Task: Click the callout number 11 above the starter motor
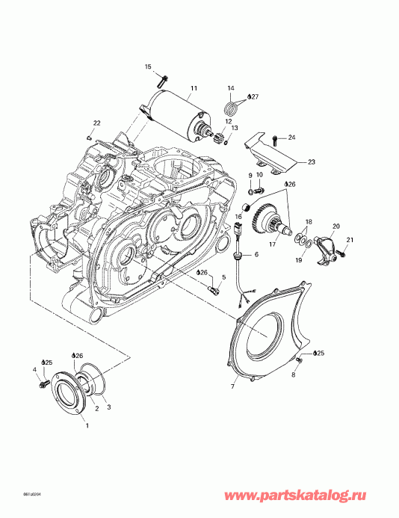click(193, 89)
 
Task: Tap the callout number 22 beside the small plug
click(96, 123)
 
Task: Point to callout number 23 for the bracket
click(312, 161)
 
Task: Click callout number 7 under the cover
click(232, 388)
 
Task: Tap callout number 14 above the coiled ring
click(231, 89)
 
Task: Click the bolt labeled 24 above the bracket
click(276, 138)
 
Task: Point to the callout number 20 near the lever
click(335, 226)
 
